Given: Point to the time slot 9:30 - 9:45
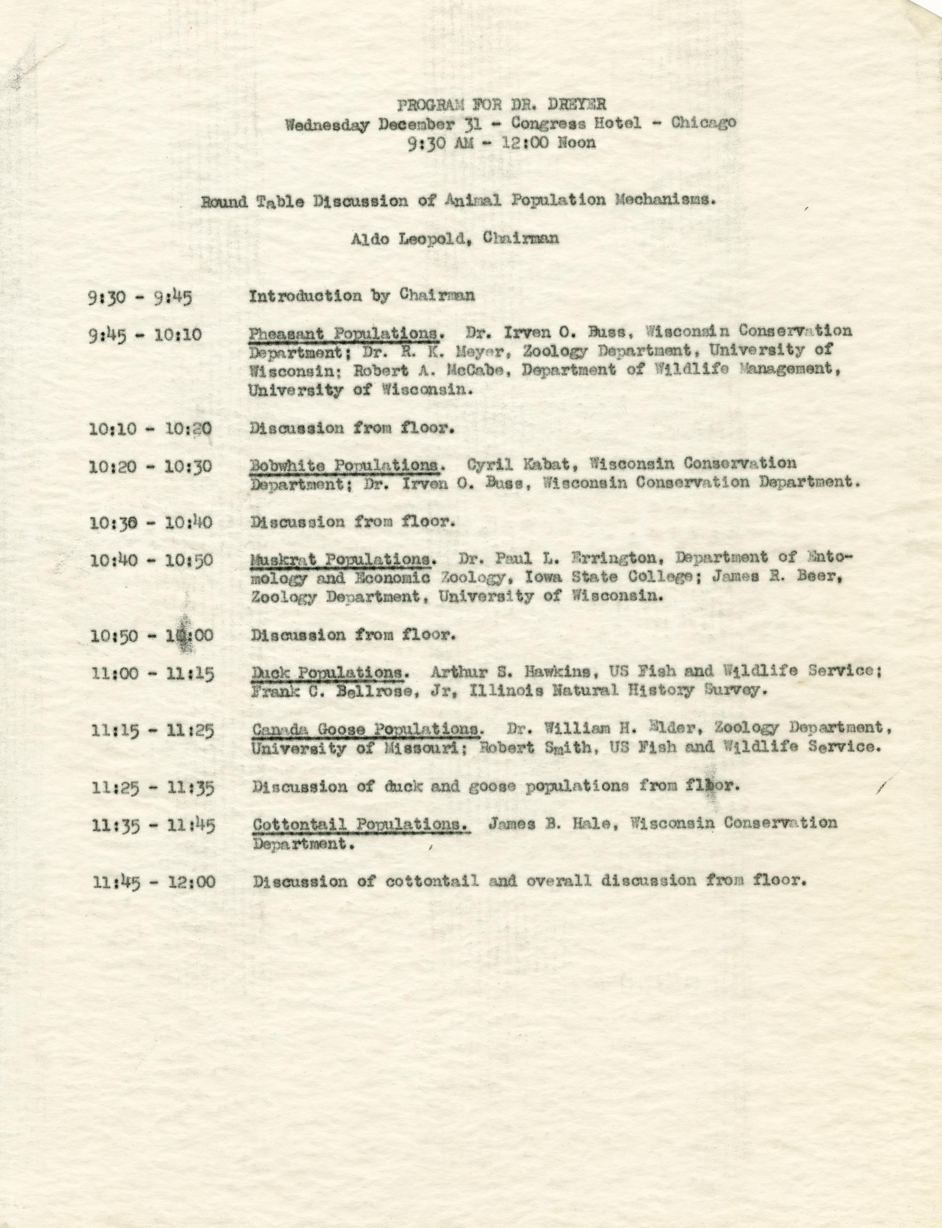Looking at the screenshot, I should (140, 297).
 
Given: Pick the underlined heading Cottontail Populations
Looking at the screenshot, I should (361, 824).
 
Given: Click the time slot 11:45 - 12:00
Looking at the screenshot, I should (154, 881).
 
